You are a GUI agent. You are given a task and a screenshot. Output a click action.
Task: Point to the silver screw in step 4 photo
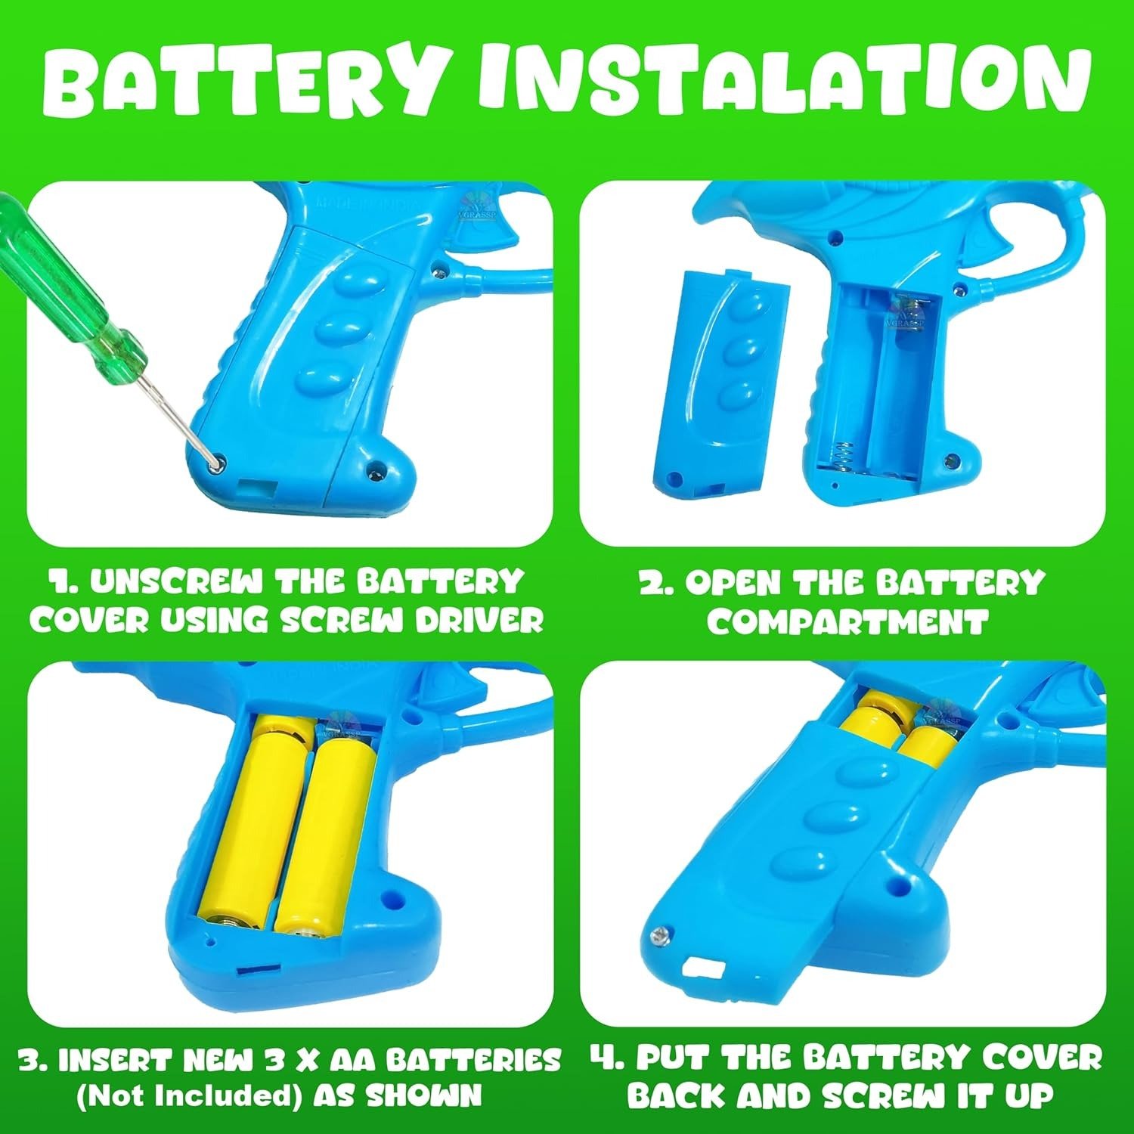[x=660, y=937]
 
